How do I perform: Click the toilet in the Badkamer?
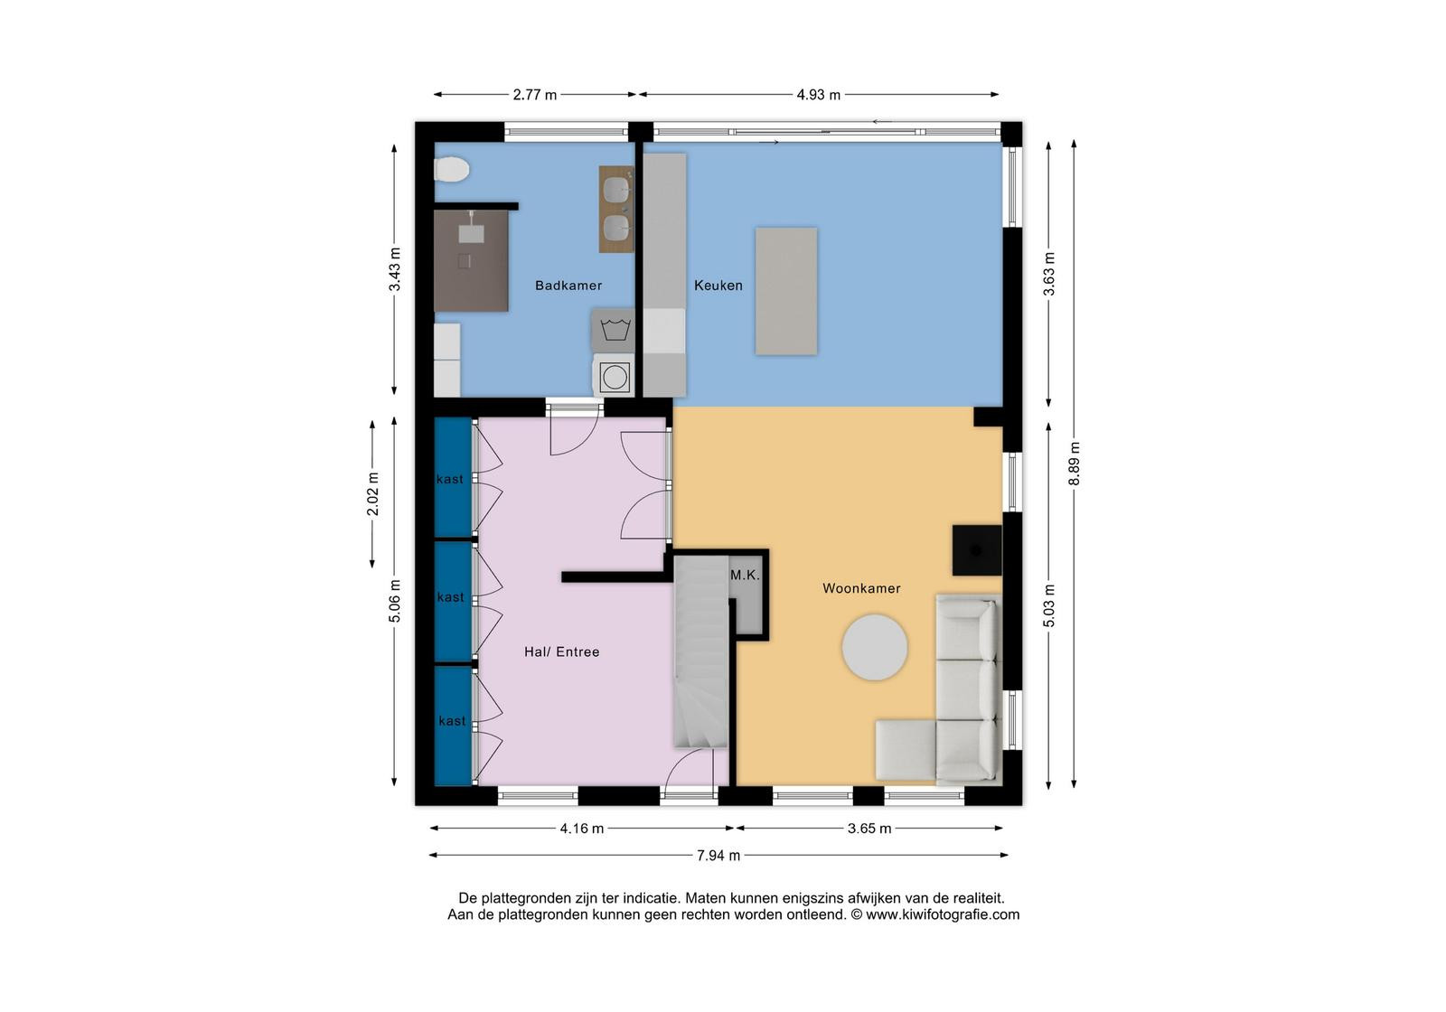[451, 169]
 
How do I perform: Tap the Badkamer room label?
[568, 286]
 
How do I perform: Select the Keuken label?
[718, 286]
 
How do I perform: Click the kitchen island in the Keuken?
[785, 290]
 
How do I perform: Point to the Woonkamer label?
[861, 588]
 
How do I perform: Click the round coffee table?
[875, 647]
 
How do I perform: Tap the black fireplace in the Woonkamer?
[977, 550]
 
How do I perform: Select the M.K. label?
[745, 575]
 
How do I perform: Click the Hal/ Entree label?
[561, 651]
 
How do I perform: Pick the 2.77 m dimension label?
[534, 95]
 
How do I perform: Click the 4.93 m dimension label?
[818, 95]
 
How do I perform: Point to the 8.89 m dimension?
[1074, 464]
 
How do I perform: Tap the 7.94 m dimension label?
[718, 855]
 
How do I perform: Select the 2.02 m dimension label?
[372, 494]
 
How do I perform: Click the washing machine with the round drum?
[614, 377]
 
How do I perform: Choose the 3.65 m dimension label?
[869, 829]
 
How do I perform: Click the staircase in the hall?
[701, 651]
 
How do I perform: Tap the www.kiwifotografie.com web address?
[943, 914]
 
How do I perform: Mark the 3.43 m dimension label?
[394, 269]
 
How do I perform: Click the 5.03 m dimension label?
[1049, 605]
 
